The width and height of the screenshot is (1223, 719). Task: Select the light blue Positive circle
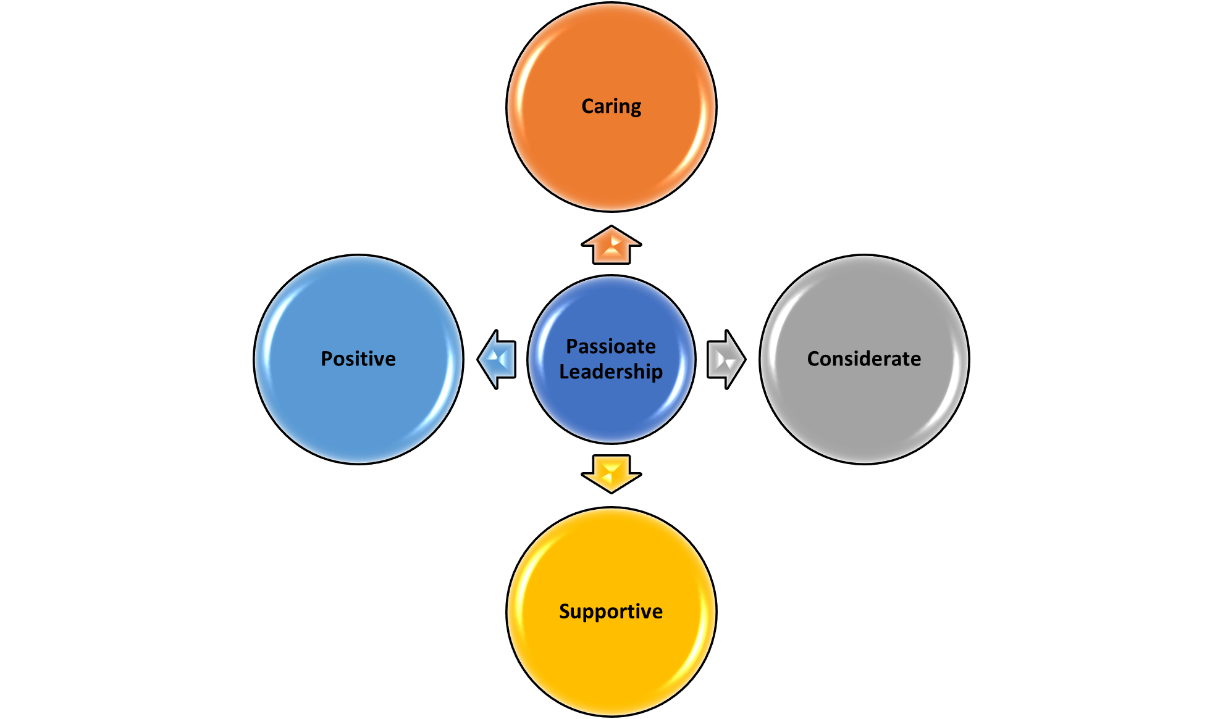(x=358, y=359)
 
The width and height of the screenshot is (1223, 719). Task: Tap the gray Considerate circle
(x=864, y=359)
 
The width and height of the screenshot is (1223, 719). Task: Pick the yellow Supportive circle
(x=611, y=612)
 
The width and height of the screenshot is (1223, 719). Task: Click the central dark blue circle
(x=611, y=359)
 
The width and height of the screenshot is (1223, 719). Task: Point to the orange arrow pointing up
(x=611, y=245)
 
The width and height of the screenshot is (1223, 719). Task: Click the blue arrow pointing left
(x=497, y=359)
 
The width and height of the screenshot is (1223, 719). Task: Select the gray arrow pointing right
(x=726, y=359)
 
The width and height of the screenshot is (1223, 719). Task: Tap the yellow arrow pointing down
(x=611, y=474)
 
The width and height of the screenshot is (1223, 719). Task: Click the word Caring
(x=611, y=107)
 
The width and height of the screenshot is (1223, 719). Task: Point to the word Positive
(x=358, y=359)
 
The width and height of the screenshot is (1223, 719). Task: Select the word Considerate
(x=864, y=359)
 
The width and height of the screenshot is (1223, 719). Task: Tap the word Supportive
(x=611, y=611)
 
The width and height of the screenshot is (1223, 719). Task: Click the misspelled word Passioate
(x=611, y=346)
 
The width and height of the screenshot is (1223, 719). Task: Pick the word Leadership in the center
(x=611, y=372)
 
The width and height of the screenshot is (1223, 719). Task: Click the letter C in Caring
(x=588, y=106)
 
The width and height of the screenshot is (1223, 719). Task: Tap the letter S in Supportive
(x=565, y=611)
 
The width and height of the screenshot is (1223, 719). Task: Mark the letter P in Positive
(x=327, y=359)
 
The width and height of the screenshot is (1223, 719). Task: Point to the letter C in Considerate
(x=814, y=359)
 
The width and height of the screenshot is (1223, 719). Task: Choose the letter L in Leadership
(x=565, y=372)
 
